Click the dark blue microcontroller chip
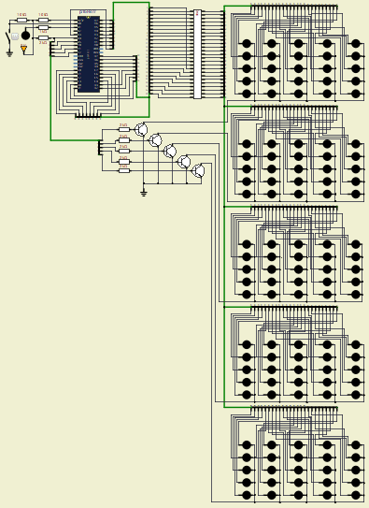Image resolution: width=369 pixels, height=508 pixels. [88, 53]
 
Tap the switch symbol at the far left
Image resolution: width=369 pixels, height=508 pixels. [9, 39]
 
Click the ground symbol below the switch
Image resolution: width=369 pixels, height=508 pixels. [9, 53]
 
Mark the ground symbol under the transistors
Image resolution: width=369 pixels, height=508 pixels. [143, 193]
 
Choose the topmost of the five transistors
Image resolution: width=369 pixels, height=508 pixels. [141, 130]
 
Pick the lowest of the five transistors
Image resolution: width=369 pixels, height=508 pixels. [198, 171]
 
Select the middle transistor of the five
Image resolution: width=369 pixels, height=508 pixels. [170, 151]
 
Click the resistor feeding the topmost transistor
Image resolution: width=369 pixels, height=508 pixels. [123, 129]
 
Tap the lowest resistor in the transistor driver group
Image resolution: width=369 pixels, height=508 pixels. [123, 171]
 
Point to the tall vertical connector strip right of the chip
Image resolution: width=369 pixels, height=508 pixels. [197, 53]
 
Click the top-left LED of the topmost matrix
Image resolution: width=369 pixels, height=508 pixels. [247, 43]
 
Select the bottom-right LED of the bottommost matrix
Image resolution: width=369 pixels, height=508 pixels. [355, 495]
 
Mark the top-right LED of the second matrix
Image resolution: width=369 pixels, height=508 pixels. [355, 144]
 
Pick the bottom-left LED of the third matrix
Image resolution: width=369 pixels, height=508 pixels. [247, 294]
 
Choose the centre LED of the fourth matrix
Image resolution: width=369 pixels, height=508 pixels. [299, 370]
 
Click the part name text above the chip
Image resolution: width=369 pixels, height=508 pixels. [87, 12]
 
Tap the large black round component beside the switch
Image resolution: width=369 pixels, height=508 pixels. [25, 36]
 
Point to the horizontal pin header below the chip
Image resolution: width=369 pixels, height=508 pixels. [88, 118]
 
